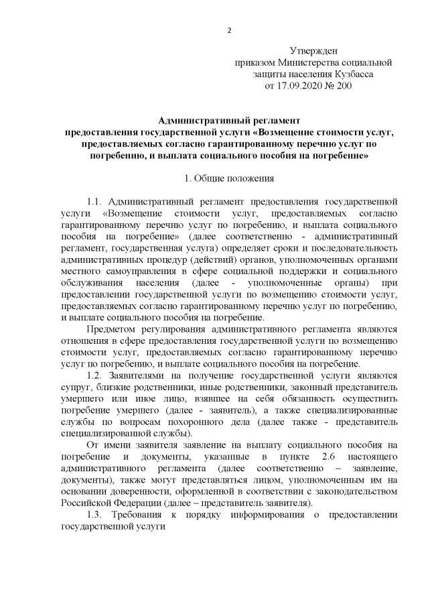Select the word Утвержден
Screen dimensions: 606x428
(x=313, y=51)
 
